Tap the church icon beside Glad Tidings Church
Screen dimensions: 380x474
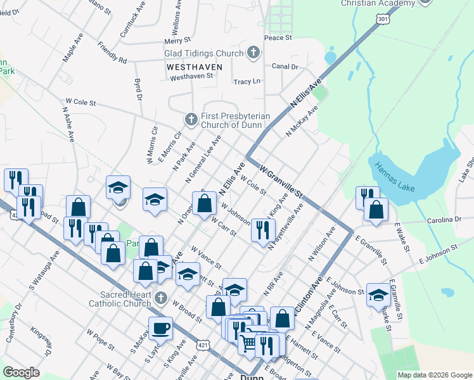coord(253,53)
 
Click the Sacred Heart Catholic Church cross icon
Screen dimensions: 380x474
coord(160,297)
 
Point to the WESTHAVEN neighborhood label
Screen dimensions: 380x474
coord(194,66)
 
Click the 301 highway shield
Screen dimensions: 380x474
coord(382,20)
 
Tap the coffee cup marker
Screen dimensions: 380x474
coord(160,329)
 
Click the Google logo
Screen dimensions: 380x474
coord(21,372)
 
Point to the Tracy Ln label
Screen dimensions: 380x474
coord(247,82)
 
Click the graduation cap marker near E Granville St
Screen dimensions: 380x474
coord(378,295)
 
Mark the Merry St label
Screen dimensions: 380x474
coord(173,41)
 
